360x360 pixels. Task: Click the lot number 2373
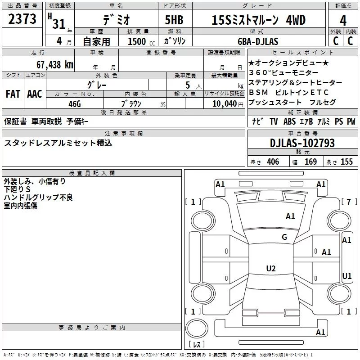[x=22, y=20]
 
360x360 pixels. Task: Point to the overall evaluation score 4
[x=343, y=20]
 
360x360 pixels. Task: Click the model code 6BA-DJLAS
[x=258, y=41]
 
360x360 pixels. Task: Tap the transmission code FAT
[x=13, y=94]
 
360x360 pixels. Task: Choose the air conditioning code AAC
[x=34, y=94]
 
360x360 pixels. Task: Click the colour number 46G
[x=74, y=103]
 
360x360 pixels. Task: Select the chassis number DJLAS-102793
[x=302, y=144]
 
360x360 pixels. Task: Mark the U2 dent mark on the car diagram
[x=270, y=269]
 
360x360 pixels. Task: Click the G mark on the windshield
[x=284, y=237]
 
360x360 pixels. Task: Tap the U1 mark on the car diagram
[x=347, y=276]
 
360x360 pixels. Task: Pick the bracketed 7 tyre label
[x=348, y=202]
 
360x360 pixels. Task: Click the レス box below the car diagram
[x=196, y=345]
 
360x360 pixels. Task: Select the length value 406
[x=273, y=162]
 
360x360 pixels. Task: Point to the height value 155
[x=346, y=162]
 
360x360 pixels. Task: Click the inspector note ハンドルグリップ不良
[x=38, y=198]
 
